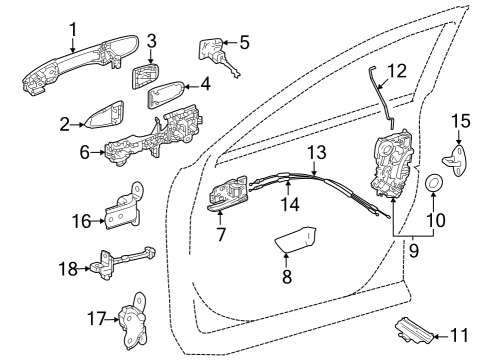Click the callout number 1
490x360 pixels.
pyautogui.click(x=73, y=29)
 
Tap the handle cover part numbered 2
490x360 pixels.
pyautogui.click(x=106, y=115)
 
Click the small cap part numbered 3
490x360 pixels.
pyautogui.click(x=145, y=76)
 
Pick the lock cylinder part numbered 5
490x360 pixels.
pyautogui.click(x=217, y=55)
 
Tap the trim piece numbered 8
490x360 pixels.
pyautogui.click(x=296, y=239)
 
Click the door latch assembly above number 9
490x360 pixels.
pyautogui.click(x=393, y=164)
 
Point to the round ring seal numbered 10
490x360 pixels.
pyautogui.click(x=434, y=183)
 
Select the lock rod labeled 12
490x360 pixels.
pyautogui.click(x=381, y=97)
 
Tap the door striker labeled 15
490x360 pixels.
pyautogui.click(x=456, y=160)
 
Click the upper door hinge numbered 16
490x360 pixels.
pyautogui.click(x=123, y=207)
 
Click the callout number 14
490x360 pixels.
pyautogui.click(x=290, y=203)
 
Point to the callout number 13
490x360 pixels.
pyautogui.click(x=317, y=152)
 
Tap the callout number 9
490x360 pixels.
pyautogui.click(x=413, y=250)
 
